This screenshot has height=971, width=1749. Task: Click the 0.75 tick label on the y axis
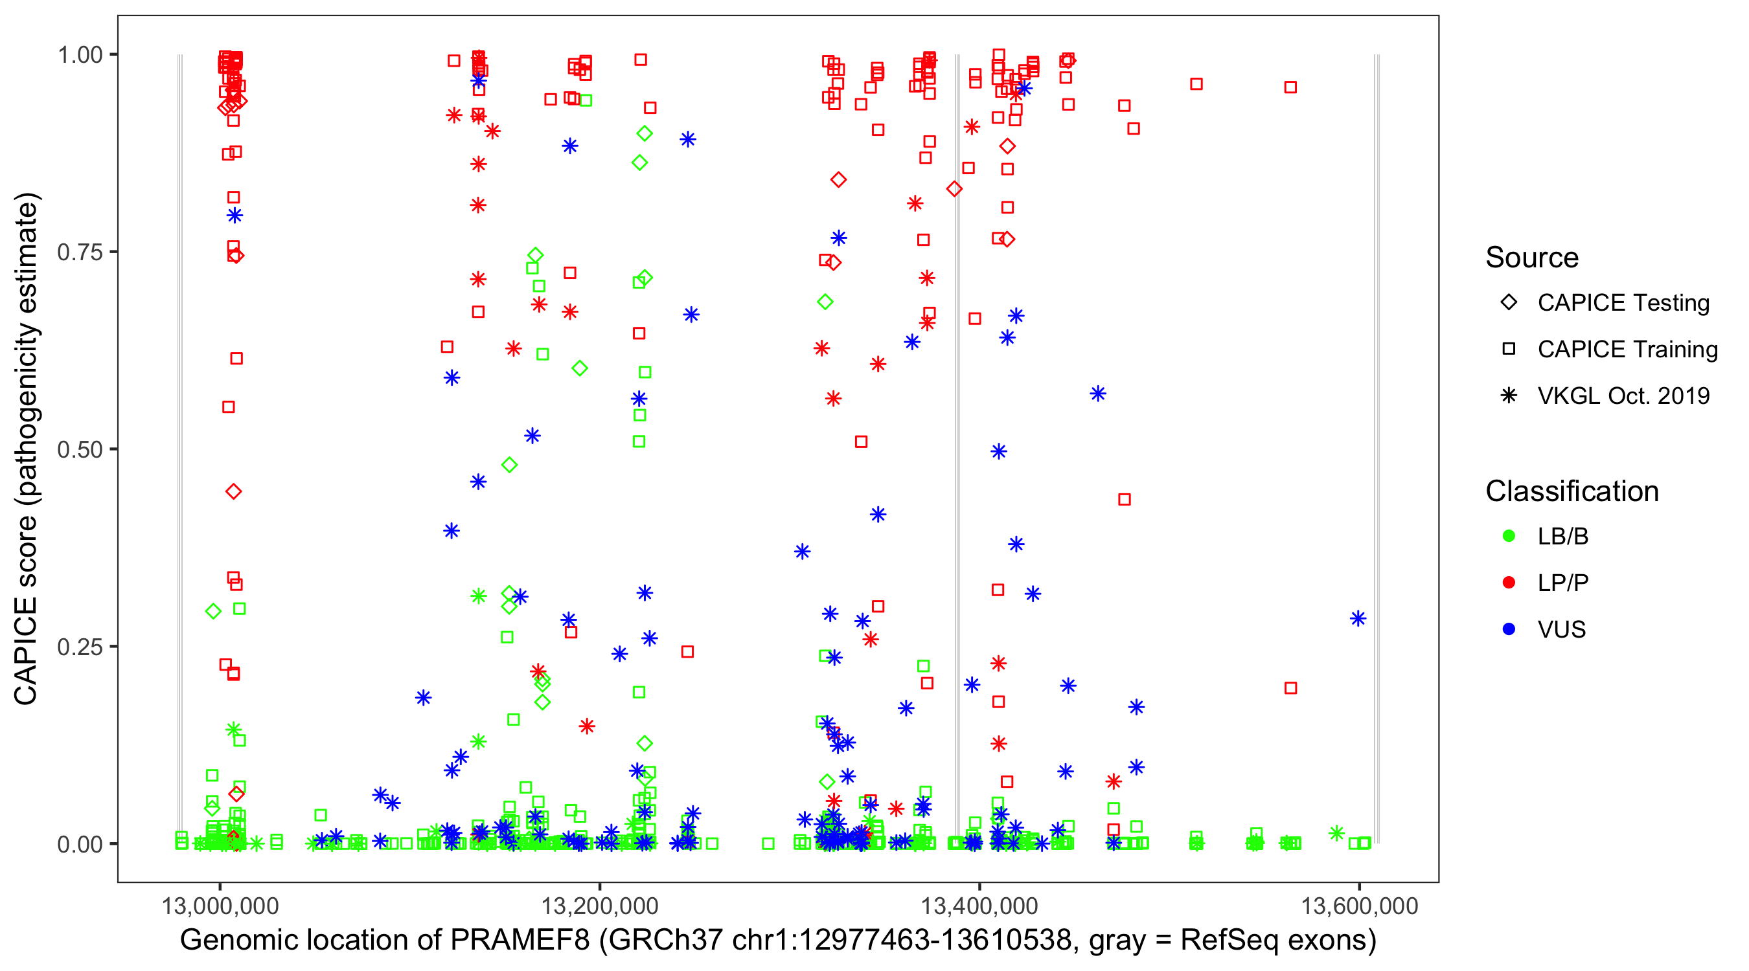pyautogui.click(x=80, y=252)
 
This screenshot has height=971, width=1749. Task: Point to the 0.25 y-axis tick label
pyautogui.click(x=80, y=647)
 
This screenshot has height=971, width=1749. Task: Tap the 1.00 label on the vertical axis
pyautogui.click(x=80, y=55)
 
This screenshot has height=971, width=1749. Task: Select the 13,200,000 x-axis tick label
pyautogui.click(x=600, y=906)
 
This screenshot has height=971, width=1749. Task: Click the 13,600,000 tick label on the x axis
pyautogui.click(x=1359, y=906)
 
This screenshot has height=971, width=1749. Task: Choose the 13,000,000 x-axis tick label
pyautogui.click(x=220, y=906)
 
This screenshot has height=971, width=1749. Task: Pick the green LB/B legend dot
pyautogui.click(x=1509, y=536)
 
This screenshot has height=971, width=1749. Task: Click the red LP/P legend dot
pyautogui.click(x=1509, y=583)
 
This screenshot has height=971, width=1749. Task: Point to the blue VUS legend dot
pyautogui.click(x=1509, y=629)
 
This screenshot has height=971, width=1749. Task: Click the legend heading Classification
pyautogui.click(x=1572, y=491)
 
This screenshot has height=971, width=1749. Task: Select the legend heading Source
pyautogui.click(x=1532, y=258)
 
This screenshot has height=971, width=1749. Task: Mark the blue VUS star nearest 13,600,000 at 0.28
pyautogui.click(x=1358, y=619)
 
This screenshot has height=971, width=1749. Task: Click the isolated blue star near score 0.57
pyautogui.click(x=1098, y=394)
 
